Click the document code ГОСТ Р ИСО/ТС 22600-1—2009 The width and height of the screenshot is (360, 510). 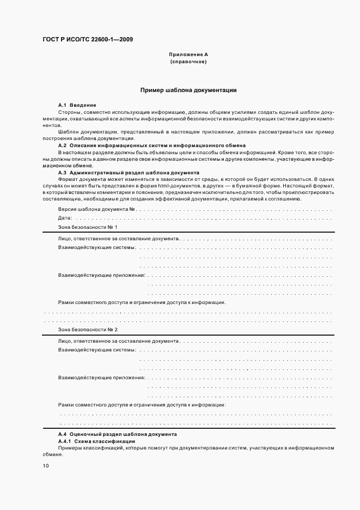click(x=88, y=39)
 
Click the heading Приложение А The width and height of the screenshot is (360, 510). click(x=188, y=55)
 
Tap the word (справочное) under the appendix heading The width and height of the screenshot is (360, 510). click(x=188, y=62)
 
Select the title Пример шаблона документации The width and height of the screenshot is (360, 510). click(x=188, y=90)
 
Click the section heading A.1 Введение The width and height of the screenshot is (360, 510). click(x=77, y=105)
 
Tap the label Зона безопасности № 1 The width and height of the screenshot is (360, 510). click(x=87, y=227)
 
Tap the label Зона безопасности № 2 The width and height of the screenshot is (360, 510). click(x=87, y=330)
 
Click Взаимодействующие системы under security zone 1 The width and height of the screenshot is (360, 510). click(x=96, y=248)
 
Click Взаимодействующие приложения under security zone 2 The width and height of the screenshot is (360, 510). click(x=101, y=377)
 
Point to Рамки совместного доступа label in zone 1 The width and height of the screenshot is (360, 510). click(x=142, y=302)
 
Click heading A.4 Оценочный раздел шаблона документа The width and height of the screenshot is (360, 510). click(x=117, y=435)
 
